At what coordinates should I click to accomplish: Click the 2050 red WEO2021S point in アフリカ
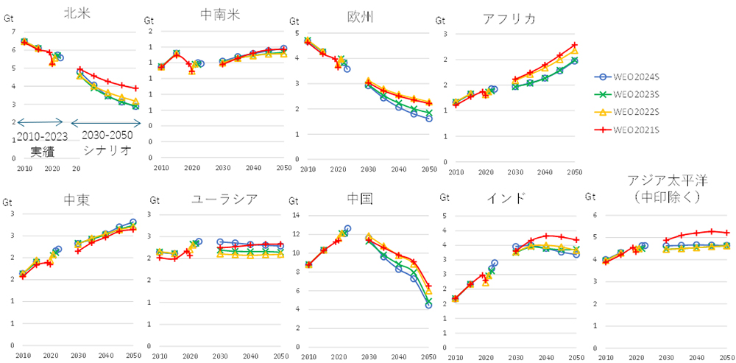(575, 45)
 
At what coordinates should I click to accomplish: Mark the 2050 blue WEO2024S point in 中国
(428, 305)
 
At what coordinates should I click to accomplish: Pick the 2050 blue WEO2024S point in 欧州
(429, 118)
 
